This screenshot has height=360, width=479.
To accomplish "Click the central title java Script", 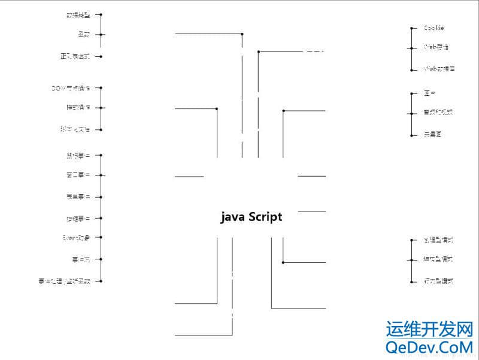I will pyautogui.click(x=251, y=217).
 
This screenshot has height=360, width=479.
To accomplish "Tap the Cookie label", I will pyautogui.click(x=433, y=28).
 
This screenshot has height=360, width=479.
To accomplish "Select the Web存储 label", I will pyautogui.click(x=436, y=47).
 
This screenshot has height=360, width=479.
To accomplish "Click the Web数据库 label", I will pyautogui.click(x=439, y=69).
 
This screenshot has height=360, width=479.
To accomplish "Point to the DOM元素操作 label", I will pyautogui.click(x=71, y=88).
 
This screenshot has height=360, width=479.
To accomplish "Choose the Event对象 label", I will pyautogui.click(x=77, y=238).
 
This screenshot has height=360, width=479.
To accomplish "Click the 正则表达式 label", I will pyautogui.click(x=75, y=57).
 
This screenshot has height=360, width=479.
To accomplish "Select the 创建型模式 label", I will pyautogui.click(x=438, y=240).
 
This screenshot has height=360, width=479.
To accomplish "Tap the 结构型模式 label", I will pyautogui.click(x=438, y=259).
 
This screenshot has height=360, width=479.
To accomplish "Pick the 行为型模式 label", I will pyautogui.click(x=438, y=281).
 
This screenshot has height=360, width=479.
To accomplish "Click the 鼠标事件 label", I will pyautogui.click(x=78, y=156).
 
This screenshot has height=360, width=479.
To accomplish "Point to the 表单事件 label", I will pyautogui.click(x=78, y=196).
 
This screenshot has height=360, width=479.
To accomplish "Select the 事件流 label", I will pyautogui.click(x=80, y=259).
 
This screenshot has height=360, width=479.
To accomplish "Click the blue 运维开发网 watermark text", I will pyautogui.click(x=429, y=329).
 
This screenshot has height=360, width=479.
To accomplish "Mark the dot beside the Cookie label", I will pyautogui.click(x=413, y=28).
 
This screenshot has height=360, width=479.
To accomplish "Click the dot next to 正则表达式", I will pyautogui.click(x=101, y=57).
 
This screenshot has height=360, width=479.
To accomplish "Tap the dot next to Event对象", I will pyautogui.click(x=101, y=238).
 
